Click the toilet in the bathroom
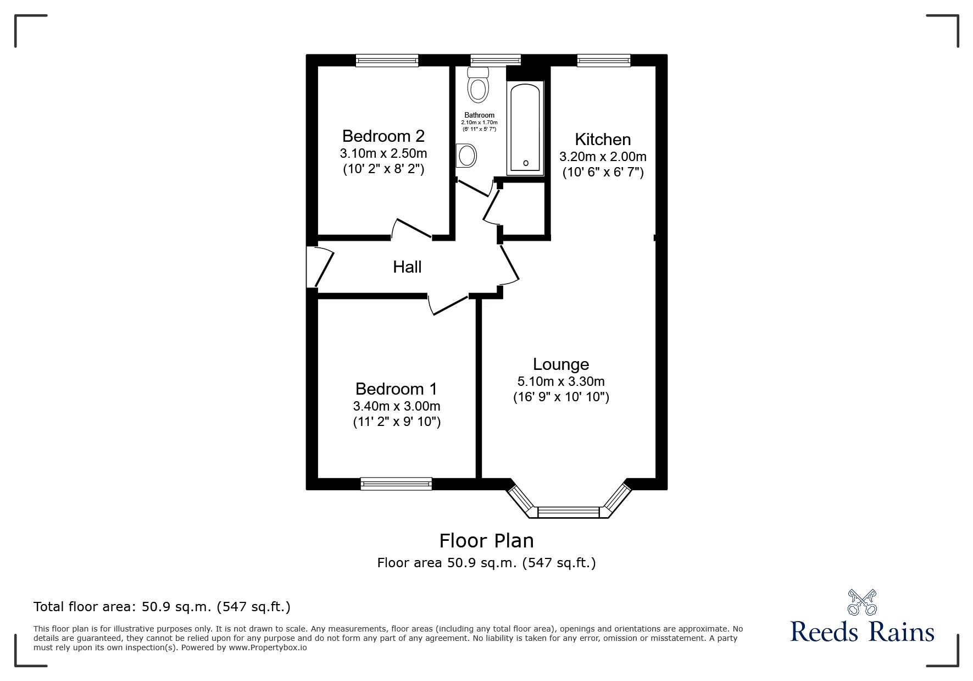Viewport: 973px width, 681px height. click(x=478, y=85)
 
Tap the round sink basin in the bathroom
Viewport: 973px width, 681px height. click(x=466, y=156)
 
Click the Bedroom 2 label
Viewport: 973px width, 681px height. click(x=383, y=136)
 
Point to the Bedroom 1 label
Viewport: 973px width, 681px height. click(x=396, y=389)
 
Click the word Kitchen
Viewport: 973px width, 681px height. click(x=603, y=139)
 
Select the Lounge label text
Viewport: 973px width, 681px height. click(x=561, y=364)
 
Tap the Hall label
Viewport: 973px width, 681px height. click(x=407, y=267)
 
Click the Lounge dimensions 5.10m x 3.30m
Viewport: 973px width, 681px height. click(x=561, y=381)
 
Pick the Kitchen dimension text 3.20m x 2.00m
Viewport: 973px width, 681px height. click(x=603, y=157)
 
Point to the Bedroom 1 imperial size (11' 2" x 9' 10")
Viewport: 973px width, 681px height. click(x=397, y=422)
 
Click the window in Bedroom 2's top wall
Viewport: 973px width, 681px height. click(x=387, y=60)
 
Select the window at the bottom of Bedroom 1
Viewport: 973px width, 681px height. click(x=396, y=483)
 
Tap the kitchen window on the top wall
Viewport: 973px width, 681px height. click(x=603, y=60)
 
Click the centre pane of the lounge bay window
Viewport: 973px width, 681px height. click(x=568, y=512)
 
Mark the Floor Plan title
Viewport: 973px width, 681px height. click(x=486, y=541)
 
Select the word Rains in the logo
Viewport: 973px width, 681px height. click(x=900, y=632)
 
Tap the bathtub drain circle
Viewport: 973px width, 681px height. click(x=526, y=163)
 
